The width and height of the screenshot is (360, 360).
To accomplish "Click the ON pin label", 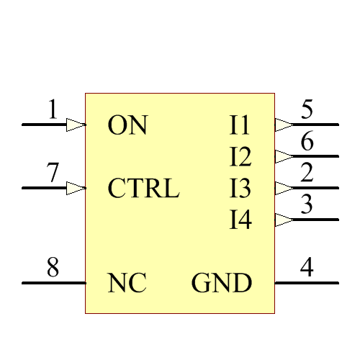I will coord(127,125).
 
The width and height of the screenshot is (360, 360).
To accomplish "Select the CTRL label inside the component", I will coord(143,189).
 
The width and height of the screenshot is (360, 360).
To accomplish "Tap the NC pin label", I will coord(127,283).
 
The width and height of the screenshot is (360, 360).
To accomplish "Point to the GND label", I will coord(222,283).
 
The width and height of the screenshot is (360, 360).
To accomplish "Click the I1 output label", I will coord(240,125).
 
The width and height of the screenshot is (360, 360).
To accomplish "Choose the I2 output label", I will coord(240,156).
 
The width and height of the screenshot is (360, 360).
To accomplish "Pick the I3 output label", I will coord(240,189).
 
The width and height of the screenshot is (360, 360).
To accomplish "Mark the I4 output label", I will coord(240,220).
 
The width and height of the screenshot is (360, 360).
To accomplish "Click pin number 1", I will coord(52,109).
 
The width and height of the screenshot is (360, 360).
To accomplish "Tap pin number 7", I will coord(52,173).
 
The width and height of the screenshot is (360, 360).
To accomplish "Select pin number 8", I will coord(53,268).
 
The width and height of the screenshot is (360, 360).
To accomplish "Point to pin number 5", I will coord(307,109).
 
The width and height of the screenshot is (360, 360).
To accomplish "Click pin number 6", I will coord(307,142).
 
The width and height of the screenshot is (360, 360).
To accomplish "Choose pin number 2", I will coord(307,173).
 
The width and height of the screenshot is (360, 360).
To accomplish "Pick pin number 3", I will coord(307,204).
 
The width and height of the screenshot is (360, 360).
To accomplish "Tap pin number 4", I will coord(307,268).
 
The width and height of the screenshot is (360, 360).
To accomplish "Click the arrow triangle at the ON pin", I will coord(76,125).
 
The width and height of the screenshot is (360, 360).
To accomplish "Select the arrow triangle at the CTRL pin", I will coord(76,188).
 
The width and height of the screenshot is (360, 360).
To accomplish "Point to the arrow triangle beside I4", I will coord(284,220).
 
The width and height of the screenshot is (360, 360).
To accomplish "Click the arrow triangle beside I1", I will coord(284,125).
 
